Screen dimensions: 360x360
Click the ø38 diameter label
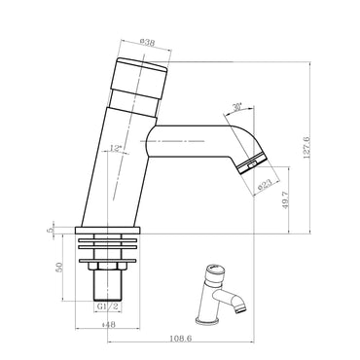point(149,42)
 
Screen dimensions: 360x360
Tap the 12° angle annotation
point(118,148)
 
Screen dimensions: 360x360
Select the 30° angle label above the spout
point(236,109)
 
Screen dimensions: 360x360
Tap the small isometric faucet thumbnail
point(221,293)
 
